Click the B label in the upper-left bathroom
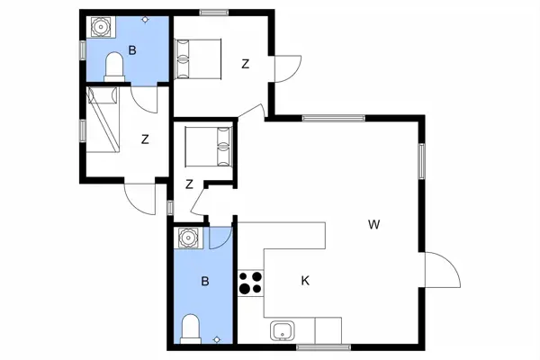click(132, 51)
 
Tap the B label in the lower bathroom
click(204, 282)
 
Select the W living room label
click(373, 225)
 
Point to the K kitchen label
click(305, 281)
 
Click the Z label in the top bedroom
click(245, 64)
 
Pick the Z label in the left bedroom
click(145, 139)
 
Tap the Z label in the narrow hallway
click(189, 184)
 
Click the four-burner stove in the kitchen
click(250, 283)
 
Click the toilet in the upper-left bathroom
click(114, 67)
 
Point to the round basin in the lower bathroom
click(188, 238)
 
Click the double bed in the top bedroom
click(197, 60)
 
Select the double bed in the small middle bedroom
click(208, 146)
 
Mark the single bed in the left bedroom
click(105, 120)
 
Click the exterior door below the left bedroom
click(140, 197)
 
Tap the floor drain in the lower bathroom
click(216, 339)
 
